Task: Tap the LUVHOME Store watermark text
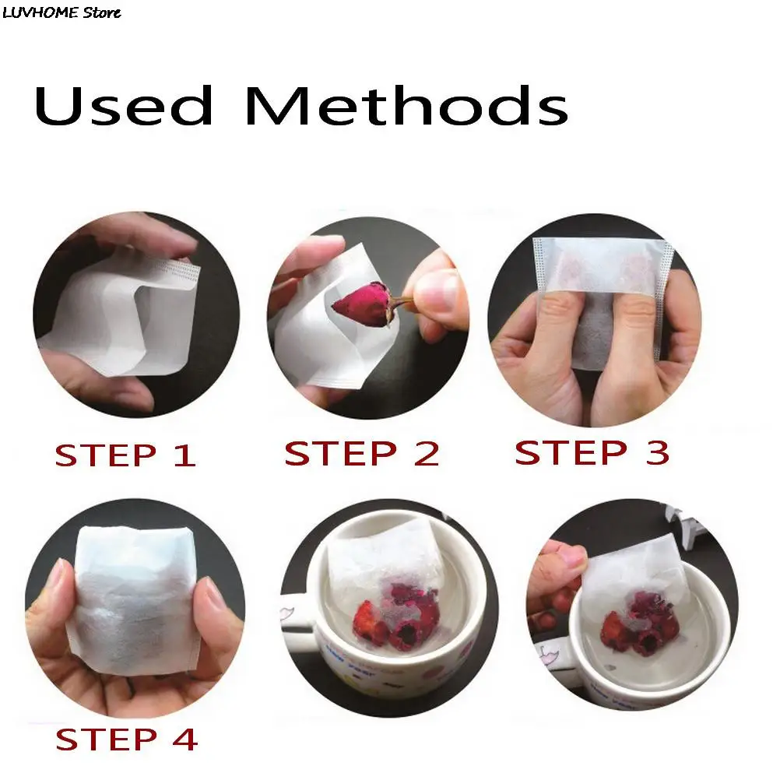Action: [x=61, y=12]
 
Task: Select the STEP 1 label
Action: [x=125, y=455]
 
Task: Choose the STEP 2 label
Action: [x=362, y=453]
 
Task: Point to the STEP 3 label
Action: [x=592, y=452]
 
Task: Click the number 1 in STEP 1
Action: [x=184, y=455]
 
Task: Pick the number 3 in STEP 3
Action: [x=657, y=452]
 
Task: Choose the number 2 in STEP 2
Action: [x=424, y=453]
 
